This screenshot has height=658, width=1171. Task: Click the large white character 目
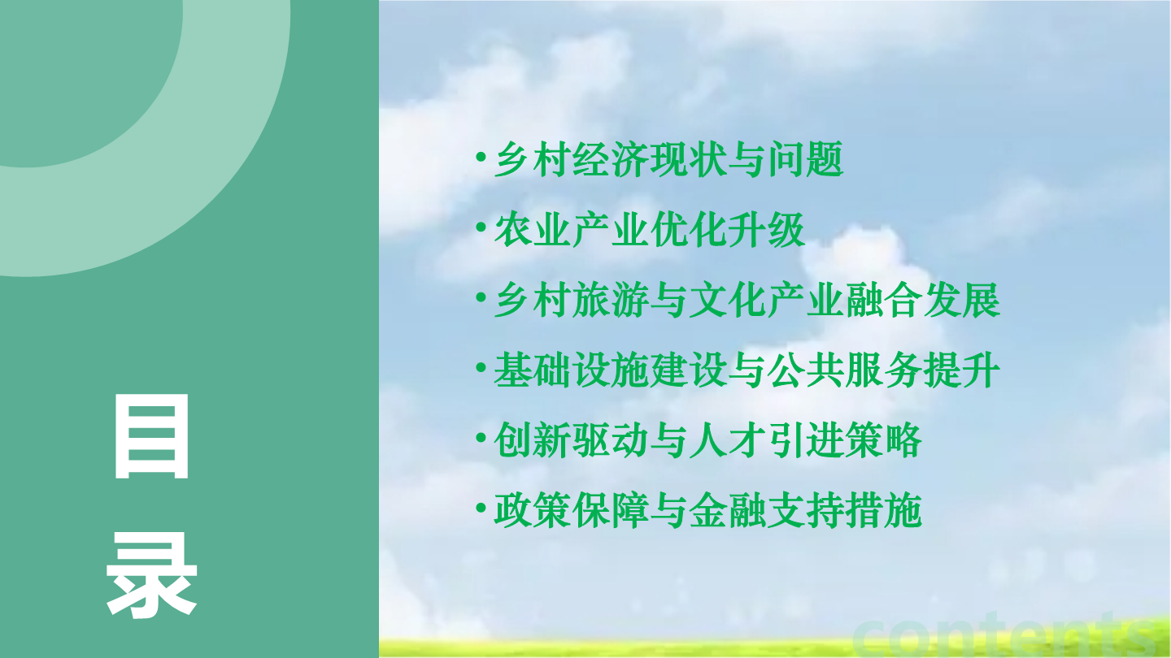(151, 436)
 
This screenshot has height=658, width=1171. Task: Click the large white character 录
(151, 575)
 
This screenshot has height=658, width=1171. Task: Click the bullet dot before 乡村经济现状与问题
(481, 157)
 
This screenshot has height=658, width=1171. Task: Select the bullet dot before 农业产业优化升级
(481, 227)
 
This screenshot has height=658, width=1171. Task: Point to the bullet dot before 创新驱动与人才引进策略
(481, 438)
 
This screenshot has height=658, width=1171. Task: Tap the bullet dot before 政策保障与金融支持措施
(481, 508)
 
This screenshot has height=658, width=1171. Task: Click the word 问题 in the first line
(806, 158)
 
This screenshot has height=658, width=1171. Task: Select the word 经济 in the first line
(611, 158)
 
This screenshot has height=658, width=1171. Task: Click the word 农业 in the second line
(533, 229)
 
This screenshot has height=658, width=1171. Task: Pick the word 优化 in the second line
(689, 229)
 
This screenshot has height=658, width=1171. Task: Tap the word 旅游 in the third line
(611, 300)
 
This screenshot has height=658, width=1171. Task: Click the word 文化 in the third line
(728, 300)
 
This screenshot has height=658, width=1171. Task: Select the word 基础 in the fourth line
(533, 370)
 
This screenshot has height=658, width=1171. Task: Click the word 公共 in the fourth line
(806, 370)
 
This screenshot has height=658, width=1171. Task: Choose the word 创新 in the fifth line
(533, 440)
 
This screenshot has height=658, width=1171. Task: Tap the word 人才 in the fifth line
(728, 440)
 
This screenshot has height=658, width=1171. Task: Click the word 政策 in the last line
(533, 510)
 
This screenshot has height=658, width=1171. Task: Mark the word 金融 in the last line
(728, 510)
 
